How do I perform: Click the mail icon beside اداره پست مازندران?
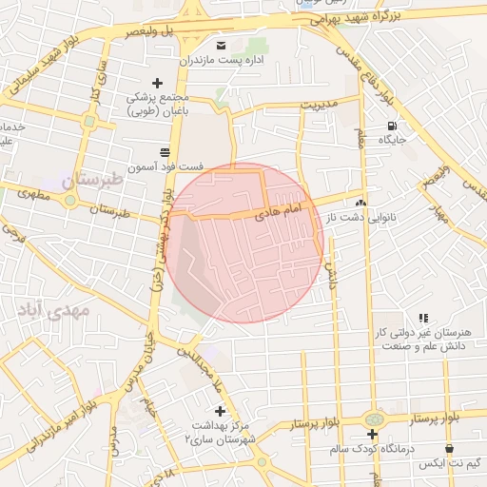[x=222, y=46]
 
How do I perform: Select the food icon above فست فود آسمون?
[x=166, y=152]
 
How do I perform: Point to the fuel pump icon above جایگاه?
[x=391, y=126]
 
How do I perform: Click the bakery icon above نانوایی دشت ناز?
[x=360, y=203]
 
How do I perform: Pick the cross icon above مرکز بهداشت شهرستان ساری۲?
[x=221, y=411]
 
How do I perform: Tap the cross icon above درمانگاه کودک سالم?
[x=373, y=434]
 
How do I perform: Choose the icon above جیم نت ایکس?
[x=449, y=447]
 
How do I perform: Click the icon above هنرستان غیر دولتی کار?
[x=423, y=318]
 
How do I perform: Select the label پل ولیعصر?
[x=132, y=31]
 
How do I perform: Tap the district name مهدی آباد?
[x=52, y=310]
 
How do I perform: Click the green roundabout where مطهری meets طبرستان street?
[x=69, y=201]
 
